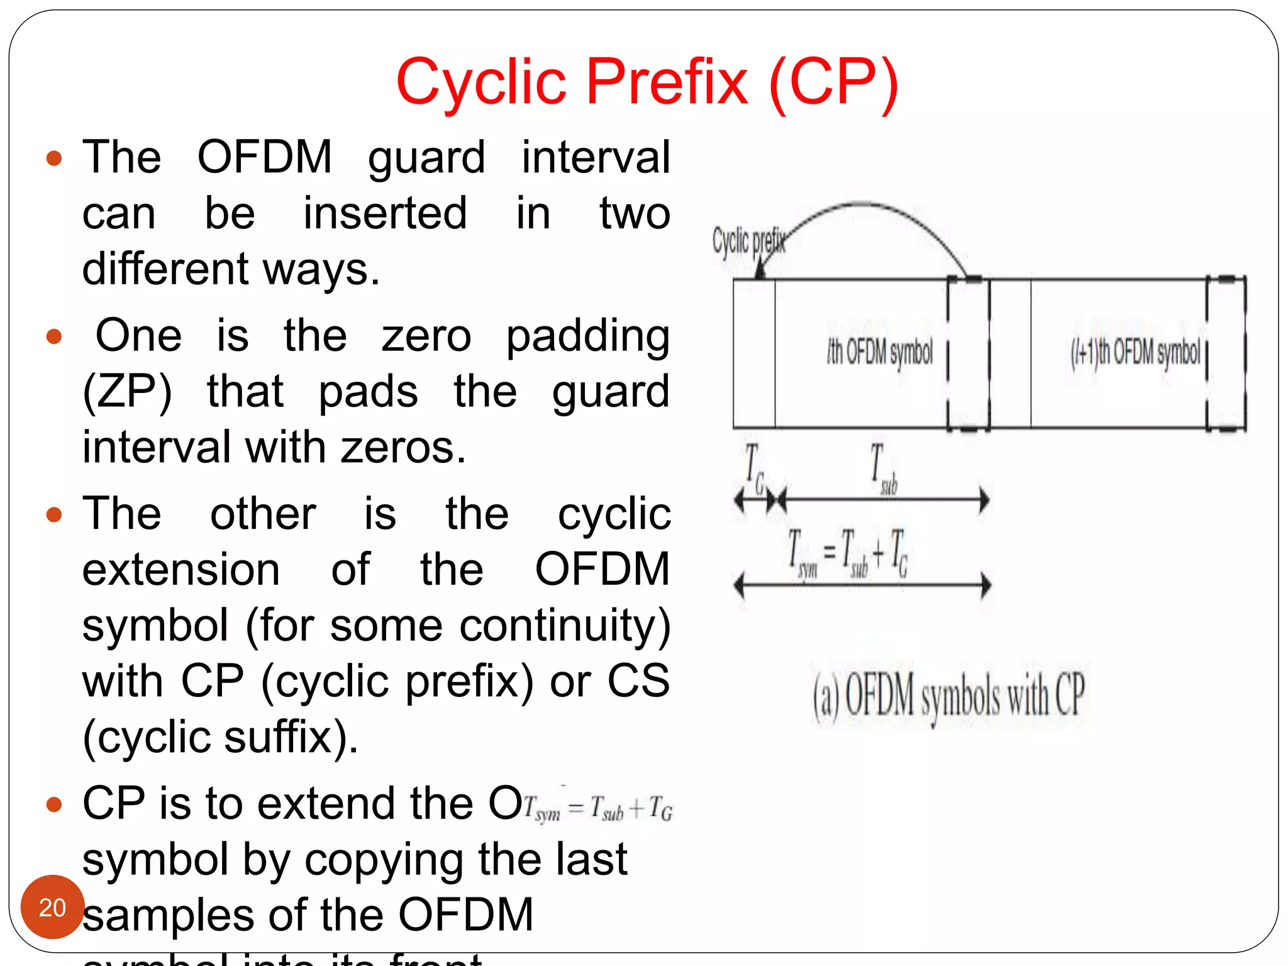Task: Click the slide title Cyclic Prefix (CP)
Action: [647, 82]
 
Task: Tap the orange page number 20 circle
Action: [52, 907]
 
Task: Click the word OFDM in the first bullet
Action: [265, 157]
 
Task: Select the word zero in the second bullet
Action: [426, 336]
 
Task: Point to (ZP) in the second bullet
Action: [127, 392]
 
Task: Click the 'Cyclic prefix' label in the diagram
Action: [748, 241]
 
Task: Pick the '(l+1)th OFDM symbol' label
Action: [1135, 352]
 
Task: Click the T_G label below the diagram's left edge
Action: [754, 469]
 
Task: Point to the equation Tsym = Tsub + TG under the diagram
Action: [848, 553]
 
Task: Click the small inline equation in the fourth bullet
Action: [598, 808]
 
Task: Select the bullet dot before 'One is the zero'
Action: [55, 336]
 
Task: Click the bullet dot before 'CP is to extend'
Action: [55, 804]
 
